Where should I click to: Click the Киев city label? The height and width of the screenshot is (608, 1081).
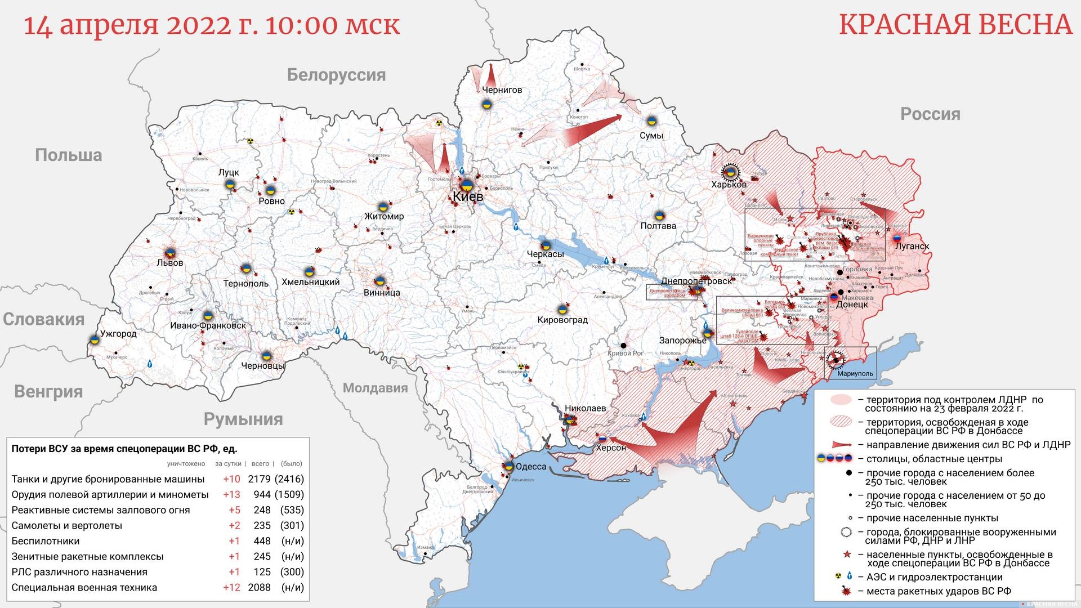[468, 197]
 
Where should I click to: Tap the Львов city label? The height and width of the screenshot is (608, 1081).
[170, 263]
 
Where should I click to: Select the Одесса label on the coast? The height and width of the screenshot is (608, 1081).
[531, 467]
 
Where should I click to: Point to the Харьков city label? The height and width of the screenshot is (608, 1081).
[729, 185]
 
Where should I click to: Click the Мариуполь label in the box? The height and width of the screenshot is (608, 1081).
[855, 373]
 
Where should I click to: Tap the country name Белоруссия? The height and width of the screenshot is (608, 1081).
[336, 75]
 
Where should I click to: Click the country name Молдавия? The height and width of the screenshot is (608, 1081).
[375, 388]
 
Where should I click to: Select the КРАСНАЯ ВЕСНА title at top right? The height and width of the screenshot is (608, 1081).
[955, 25]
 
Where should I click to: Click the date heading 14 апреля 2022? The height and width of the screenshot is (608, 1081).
[211, 25]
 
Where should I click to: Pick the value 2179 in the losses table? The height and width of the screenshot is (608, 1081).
[260, 479]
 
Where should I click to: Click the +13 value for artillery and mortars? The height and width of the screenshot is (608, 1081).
[231, 495]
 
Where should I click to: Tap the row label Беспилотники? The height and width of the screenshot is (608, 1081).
[46, 541]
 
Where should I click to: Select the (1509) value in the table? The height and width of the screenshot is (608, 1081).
[289, 495]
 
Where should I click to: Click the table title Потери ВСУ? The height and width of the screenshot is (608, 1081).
[124, 449]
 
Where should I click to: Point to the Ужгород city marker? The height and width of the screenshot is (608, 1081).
[94, 340]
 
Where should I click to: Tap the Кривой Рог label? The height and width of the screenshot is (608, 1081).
[626, 354]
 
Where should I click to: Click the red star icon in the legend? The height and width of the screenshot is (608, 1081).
[846, 555]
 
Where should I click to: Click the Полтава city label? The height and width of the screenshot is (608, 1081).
[658, 226]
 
